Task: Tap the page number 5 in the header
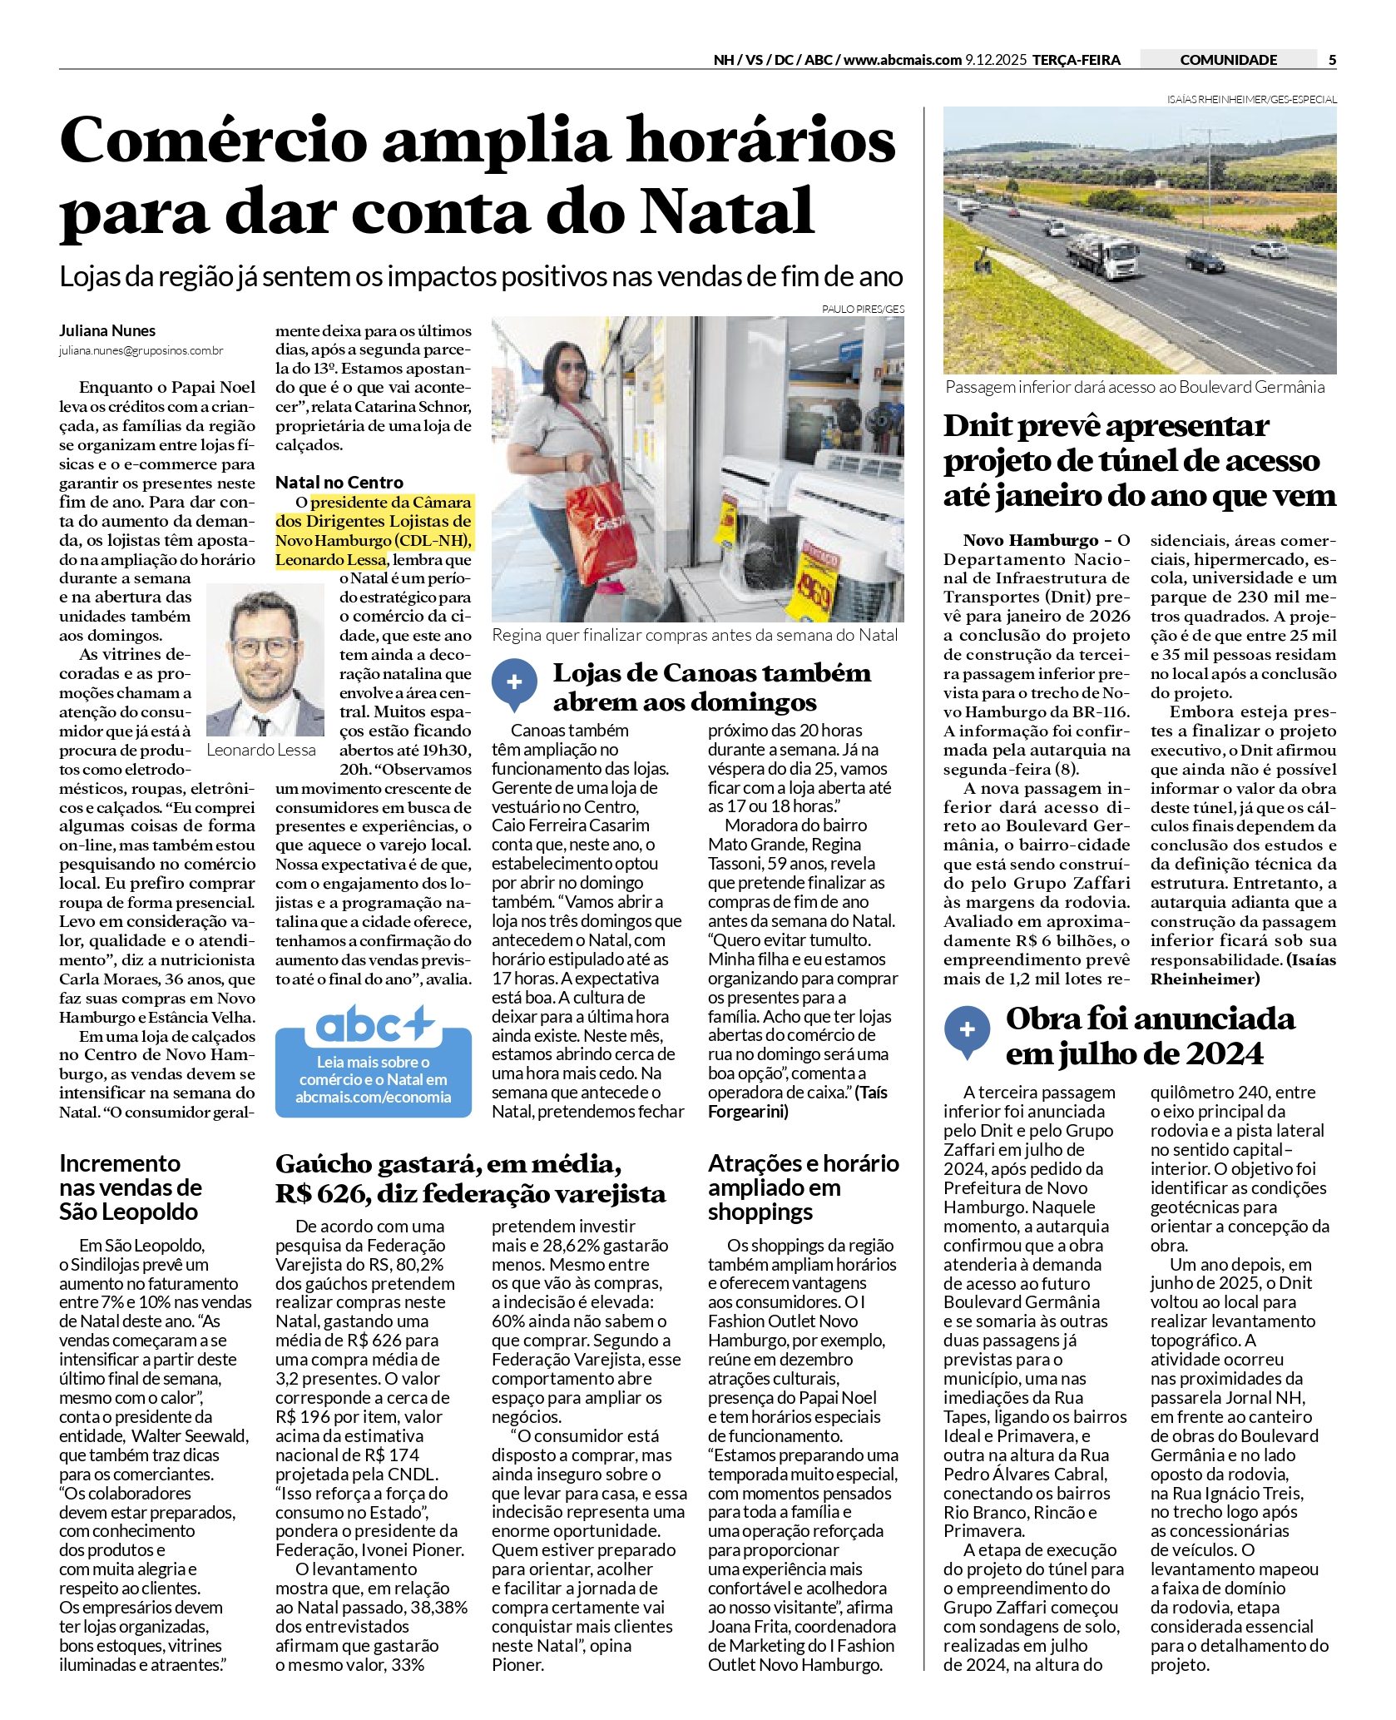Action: (1332, 60)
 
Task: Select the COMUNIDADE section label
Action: (1228, 60)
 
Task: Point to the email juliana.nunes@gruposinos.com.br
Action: (141, 351)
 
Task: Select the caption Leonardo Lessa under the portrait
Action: (261, 750)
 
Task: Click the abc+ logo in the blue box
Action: (374, 1026)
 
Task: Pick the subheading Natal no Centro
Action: (339, 483)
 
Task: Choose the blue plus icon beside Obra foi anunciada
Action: (967, 1029)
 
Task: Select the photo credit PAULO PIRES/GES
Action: (863, 310)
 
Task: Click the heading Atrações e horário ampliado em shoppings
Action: (803, 1187)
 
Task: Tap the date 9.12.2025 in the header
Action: (996, 60)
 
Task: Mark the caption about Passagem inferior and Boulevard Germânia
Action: (1135, 387)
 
